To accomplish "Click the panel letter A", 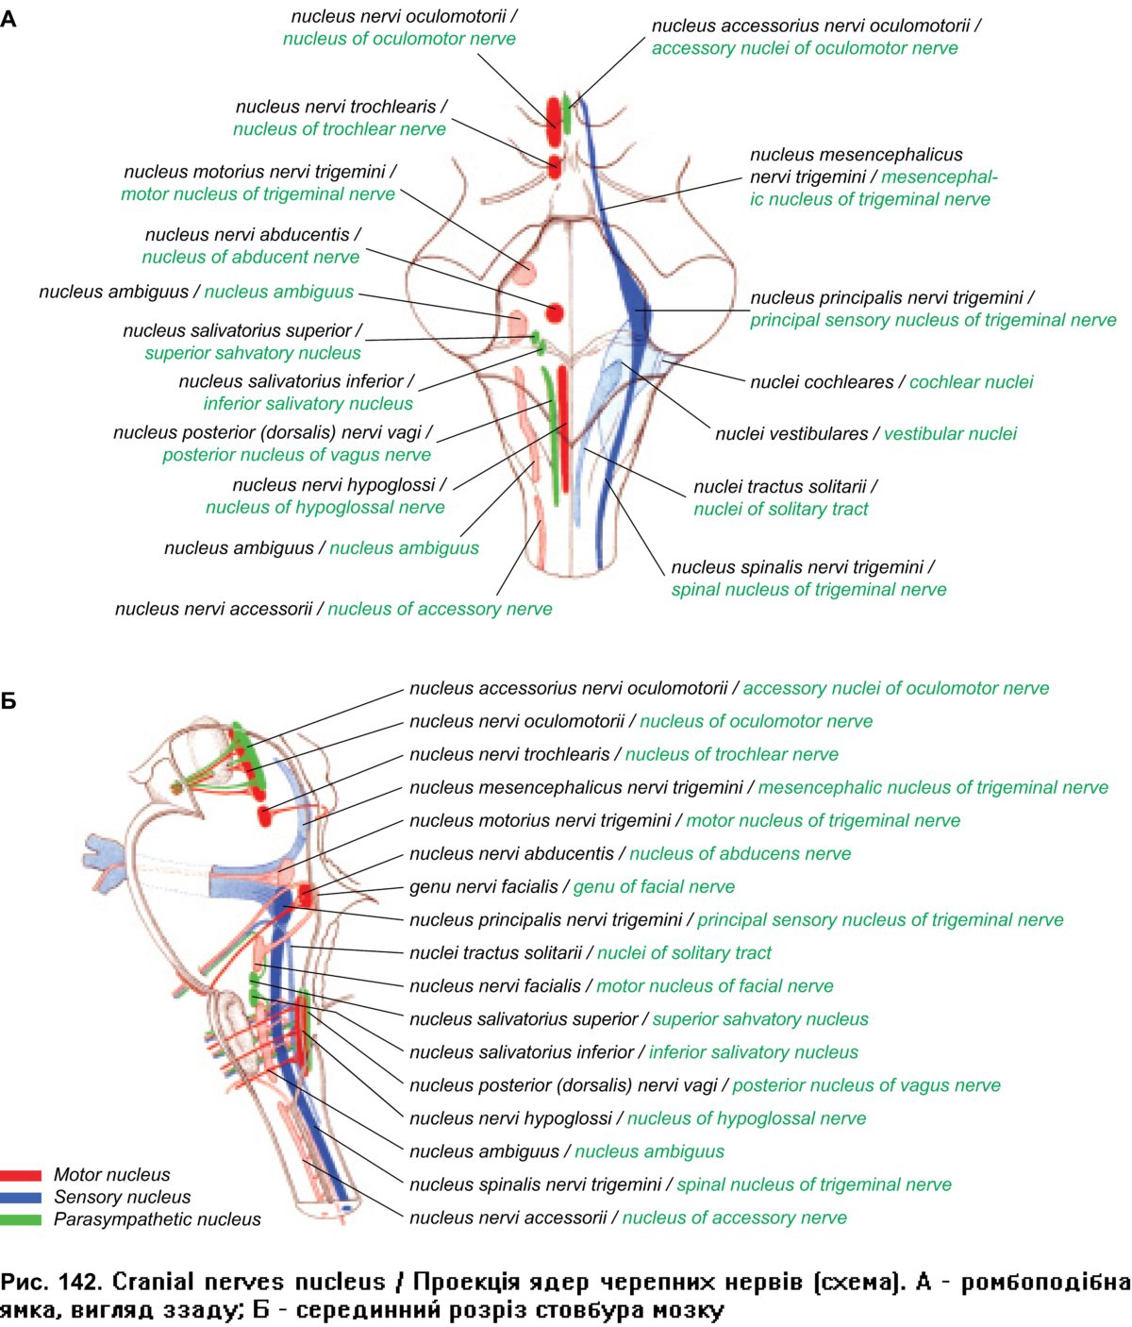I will pyautogui.click(x=8, y=19).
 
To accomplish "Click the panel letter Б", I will pyautogui.click(x=8, y=701).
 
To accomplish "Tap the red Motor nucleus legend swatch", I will pyautogui.click(x=21, y=1175).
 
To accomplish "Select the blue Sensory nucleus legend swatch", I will pyautogui.click(x=21, y=1197).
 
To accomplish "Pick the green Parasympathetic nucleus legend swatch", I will pyautogui.click(x=21, y=1219).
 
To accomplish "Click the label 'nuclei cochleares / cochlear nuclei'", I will pyautogui.click(x=891, y=382).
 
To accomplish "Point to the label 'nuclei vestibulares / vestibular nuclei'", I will pyautogui.click(x=865, y=434).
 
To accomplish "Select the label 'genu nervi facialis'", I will pyautogui.click(x=483, y=887).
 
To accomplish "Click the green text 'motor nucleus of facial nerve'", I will pyautogui.click(x=714, y=986).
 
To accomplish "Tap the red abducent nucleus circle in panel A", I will pyautogui.click(x=555, y=312).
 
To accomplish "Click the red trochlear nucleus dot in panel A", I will pyautogui.click(x=555, y=167).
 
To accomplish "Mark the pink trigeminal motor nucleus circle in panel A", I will pyautogui.click(x=524, y=273).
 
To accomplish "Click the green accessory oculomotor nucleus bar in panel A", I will pyautogui.click(x=567, y=114).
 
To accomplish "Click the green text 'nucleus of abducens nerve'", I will pyautogui.click(x=740, y=854).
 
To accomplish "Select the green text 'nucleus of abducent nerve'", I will pyautogui.click(x=250, y=258).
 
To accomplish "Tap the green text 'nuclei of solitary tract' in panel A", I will pyautogui.click(x=780, y=510).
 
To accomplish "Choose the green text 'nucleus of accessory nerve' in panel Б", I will pyautogui.click(x=734, y=1218).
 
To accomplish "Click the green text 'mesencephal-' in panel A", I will pyautogui.click(x=939, y=177).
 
